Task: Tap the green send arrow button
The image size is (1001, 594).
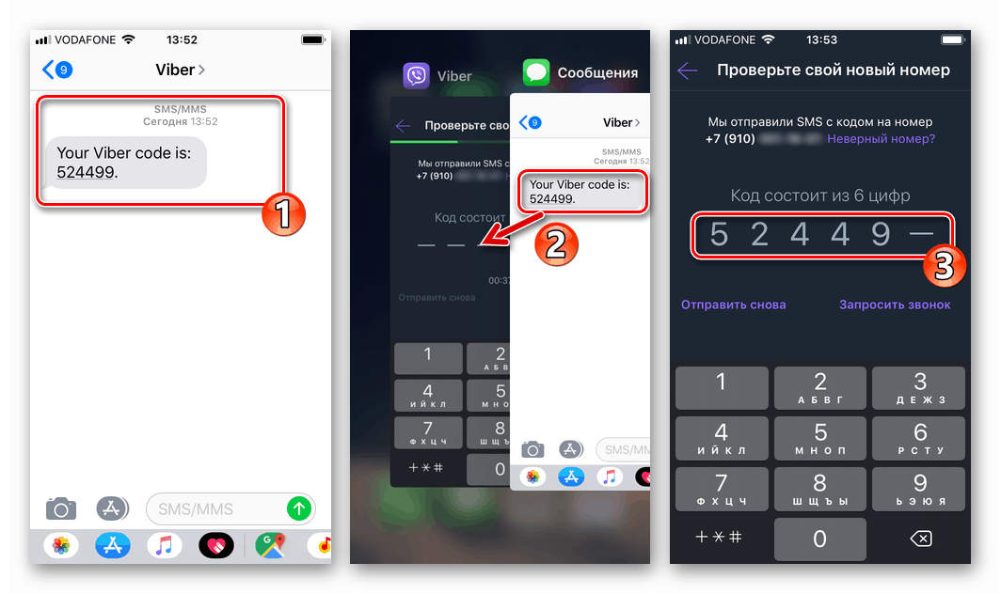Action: click(x=299, y=508)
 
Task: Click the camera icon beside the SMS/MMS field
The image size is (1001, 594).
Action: click(x=61, y=509)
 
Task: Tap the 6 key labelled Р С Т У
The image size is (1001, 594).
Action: click(x=919, y=438)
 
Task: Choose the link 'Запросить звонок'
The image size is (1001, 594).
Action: click(x=895, y=305)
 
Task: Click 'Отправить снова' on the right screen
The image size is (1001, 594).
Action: click(x=733, y=305)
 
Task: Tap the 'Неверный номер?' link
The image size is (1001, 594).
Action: click(x=881, y=138)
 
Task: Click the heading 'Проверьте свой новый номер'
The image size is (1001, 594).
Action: click(x=833, y=70)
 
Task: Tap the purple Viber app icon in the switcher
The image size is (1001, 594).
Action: click(x=417, y=75)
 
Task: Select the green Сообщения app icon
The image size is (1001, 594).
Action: click(x=536, y=72)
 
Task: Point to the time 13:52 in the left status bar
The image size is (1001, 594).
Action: click(x=182, y=39)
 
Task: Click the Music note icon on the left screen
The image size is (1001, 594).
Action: click(x=164, y=544)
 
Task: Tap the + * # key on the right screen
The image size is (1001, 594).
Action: click(x=719, y=538)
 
